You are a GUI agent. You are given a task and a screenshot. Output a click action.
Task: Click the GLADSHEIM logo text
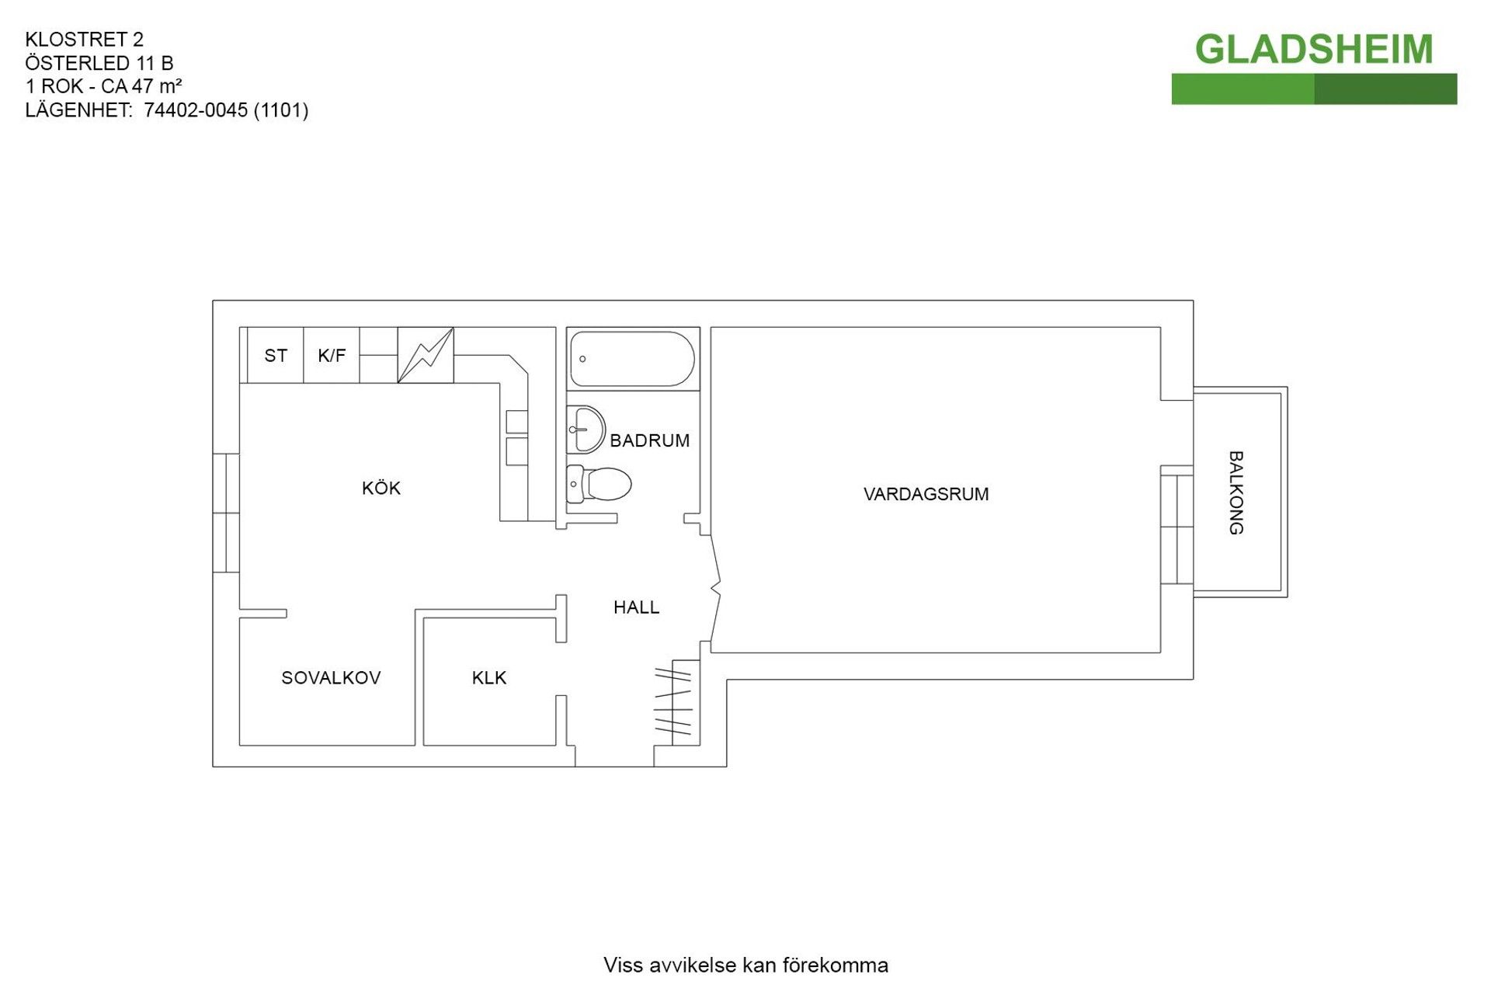point(1313,50)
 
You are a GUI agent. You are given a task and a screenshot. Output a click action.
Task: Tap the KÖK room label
point(381,489)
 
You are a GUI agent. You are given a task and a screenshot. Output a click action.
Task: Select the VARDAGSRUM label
point(926,494)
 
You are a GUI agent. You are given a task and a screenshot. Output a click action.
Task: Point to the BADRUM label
point(649,441)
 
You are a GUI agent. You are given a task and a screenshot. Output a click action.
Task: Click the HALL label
point(636,607)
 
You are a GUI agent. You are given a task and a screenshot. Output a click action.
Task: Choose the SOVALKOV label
point(331,678)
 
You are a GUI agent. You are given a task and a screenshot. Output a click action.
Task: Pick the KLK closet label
point(489,678)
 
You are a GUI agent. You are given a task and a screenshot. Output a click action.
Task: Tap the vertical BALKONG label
point(1236,492)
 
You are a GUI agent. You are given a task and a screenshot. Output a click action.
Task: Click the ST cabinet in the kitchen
point(276,356)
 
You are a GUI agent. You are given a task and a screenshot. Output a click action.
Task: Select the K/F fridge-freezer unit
point(332,356)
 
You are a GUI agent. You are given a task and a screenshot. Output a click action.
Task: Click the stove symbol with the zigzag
point(426,356)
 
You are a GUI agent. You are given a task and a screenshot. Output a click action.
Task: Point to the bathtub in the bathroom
point(632,359)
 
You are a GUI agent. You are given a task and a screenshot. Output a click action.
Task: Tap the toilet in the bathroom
point(599,484)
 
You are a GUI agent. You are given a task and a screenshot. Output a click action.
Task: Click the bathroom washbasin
point(586,429)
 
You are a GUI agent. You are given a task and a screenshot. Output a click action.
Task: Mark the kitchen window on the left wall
point(226,513)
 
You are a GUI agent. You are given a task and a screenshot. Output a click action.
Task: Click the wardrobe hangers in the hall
point(673,701)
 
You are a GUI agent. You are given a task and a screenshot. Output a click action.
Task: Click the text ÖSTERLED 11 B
point(99,63)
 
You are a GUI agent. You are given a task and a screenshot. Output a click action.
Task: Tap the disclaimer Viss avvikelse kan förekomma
point(745,965)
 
